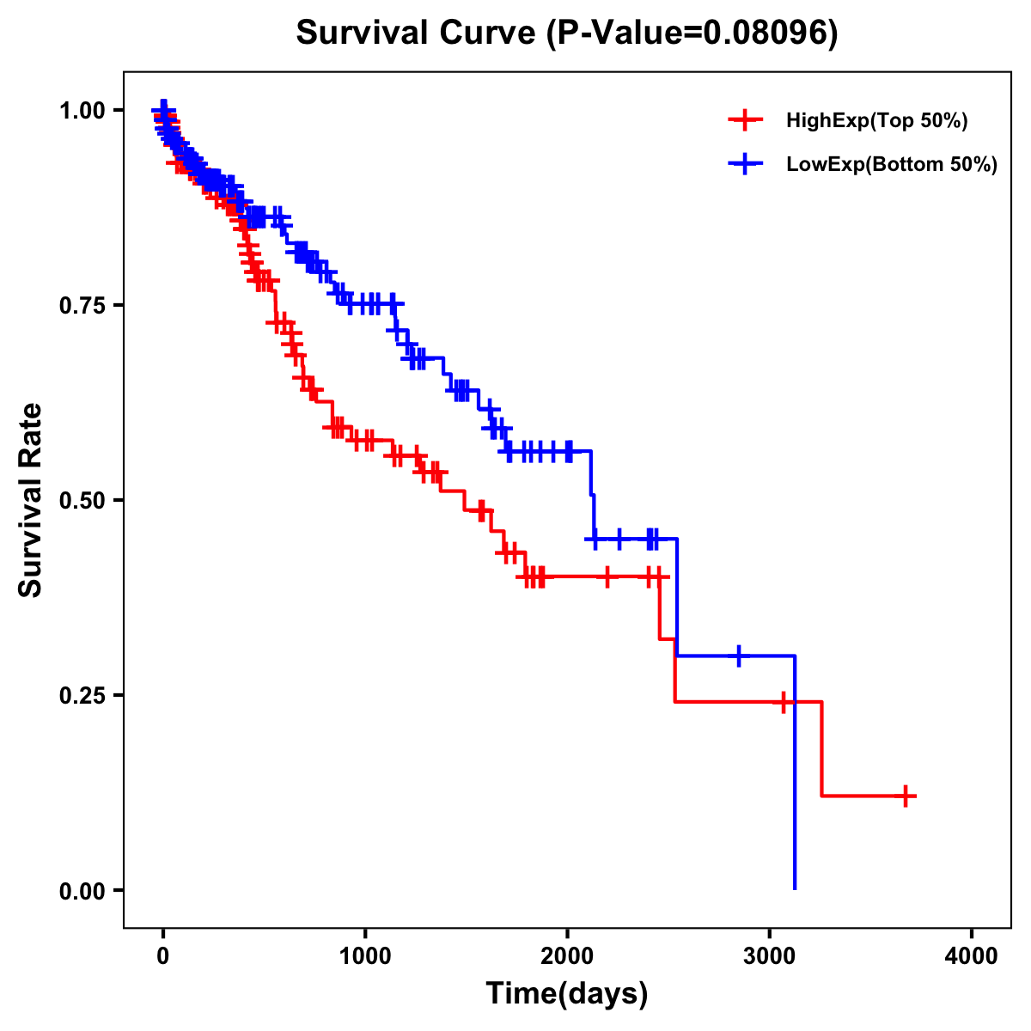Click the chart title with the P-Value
[566, 33]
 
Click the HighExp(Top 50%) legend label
[876, 121]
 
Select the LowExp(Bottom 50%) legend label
[891, 165]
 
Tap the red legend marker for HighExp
[745, 120]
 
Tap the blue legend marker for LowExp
[745, 164]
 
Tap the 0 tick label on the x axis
[163, 957]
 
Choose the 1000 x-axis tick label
[365, 957]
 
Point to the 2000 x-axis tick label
[567, 957]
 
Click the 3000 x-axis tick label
[769, 957]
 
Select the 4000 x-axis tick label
[972, 957]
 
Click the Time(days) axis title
[567, 994]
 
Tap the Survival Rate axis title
[31, 500]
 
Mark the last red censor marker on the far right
[905, 796]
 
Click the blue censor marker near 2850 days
[738, 656]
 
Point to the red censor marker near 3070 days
[783, 702]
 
